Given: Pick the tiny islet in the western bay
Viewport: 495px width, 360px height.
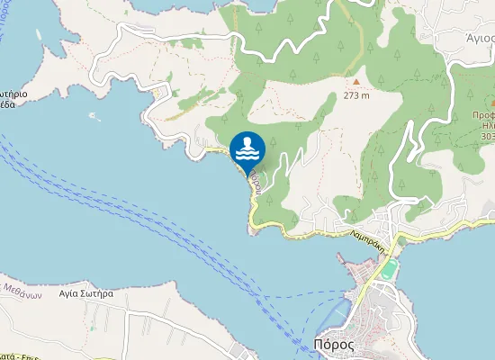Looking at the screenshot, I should tap(92, 115).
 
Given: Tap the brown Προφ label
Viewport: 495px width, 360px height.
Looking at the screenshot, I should tap(483, 115).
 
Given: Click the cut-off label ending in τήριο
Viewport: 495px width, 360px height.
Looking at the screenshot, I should tap(11, 93).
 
